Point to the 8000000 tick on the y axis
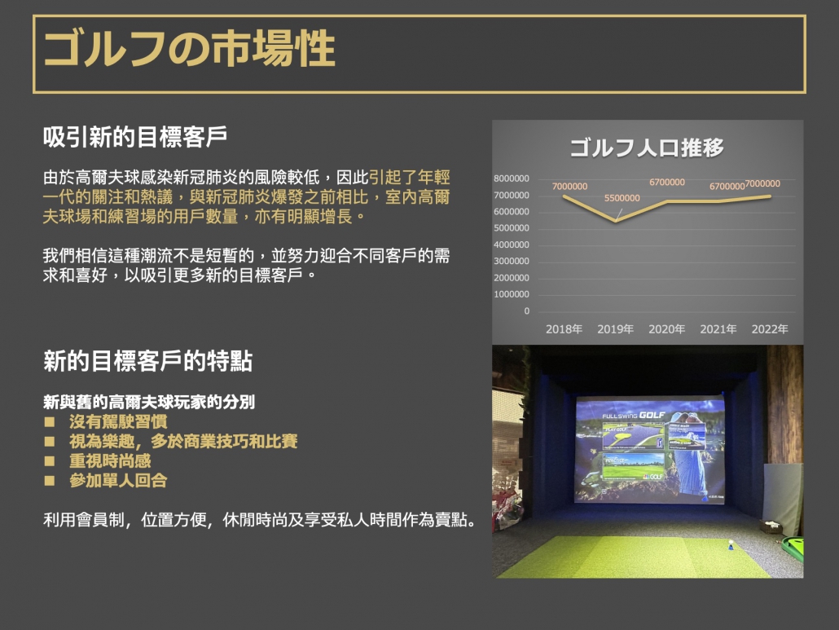(x=512, y=178)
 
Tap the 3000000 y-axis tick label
(x=512, y=262)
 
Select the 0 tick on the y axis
(x=526, y=311)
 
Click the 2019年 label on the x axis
(x=615, y=329)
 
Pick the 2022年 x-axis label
(x=769, y=329)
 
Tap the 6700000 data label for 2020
(x=666, y=183)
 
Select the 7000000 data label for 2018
(x=569, y=187)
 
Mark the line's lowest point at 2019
(x=615, y=221)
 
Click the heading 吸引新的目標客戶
(x=134, y=136)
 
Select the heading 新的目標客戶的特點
(x=147, y=360)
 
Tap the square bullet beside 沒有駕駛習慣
(x=50, y=422)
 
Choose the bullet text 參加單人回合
(x=118, y=481)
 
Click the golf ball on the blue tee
(x=731, y=542)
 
